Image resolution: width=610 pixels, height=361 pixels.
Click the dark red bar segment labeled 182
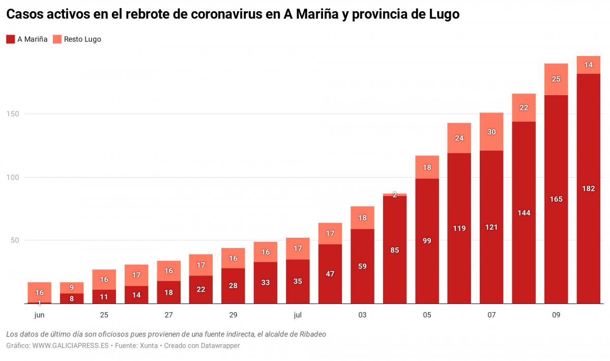point(588,188)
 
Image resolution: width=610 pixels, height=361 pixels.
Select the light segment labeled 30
point(491,131)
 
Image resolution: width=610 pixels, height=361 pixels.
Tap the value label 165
point(556,199)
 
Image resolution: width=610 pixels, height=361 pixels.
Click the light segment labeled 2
point(395,195)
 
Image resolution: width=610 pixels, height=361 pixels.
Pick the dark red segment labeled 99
point(427,241)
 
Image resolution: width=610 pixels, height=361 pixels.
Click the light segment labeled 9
point(72,288)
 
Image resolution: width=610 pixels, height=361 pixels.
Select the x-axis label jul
point(298,315)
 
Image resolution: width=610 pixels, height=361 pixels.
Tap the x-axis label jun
point(39,315)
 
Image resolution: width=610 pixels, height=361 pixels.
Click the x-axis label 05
point(427,315)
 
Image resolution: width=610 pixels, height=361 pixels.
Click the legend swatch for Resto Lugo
point(57,39)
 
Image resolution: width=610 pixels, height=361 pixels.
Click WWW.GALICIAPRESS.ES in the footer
point(70,345)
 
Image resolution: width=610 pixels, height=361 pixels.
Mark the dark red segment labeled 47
point(330,274)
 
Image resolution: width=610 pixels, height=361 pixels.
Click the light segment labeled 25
point(556,79)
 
